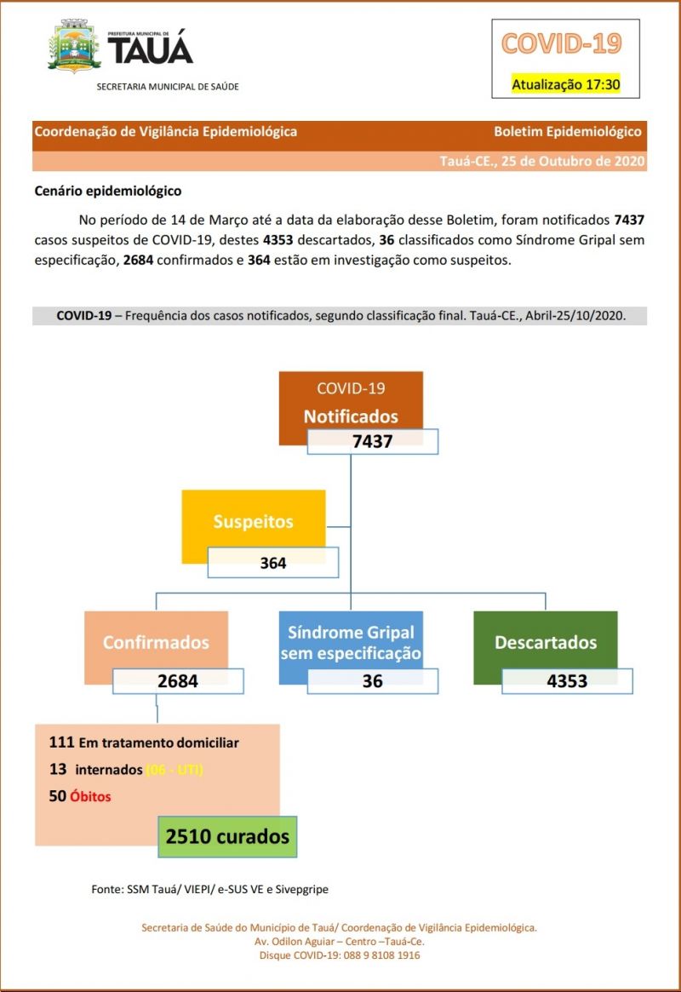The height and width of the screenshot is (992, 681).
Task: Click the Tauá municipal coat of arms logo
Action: pos(75,48)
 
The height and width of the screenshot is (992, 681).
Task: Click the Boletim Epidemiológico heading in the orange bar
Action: pos(568,132)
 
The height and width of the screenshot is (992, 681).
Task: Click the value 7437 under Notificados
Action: pos(373,441)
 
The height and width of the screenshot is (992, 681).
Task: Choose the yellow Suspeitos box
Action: pos(253,521)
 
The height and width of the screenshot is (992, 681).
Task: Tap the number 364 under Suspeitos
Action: pos(273,563)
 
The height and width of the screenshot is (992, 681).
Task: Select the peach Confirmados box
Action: pos(156,642)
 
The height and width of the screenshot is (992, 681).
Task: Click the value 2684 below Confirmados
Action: pos(178,680)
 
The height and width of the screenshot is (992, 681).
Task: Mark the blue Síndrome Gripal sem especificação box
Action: pos(351,643)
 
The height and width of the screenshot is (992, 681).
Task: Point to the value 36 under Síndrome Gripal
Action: pos(372,680)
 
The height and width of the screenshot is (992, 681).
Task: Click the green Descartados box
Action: pos(546,642)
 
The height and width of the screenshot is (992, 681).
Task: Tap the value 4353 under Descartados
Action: pos(567,680)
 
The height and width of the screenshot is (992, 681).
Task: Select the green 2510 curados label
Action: pos(227,836)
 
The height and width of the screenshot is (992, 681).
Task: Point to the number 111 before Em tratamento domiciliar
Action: pos(62,743)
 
